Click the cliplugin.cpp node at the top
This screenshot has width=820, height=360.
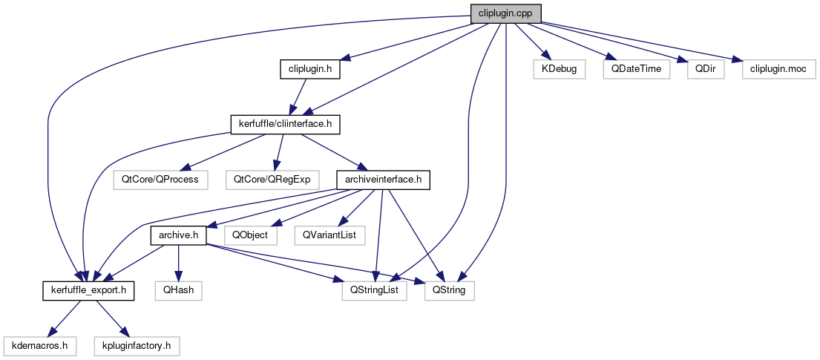coord(505,13)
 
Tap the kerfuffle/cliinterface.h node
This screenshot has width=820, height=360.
coord(284,124)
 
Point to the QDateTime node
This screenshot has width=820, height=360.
coord(636,69)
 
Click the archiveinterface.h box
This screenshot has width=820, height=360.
coord(383,180)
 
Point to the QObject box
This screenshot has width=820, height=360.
coord(251,235)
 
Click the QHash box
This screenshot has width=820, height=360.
coord(178,290)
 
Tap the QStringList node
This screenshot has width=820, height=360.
coord(375,290)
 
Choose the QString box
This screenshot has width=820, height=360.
coord(449,290)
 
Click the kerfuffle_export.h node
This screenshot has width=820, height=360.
coord(88,290)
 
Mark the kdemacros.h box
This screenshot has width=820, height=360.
coord(40,345)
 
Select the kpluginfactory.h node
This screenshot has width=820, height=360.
coord(137,345)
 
